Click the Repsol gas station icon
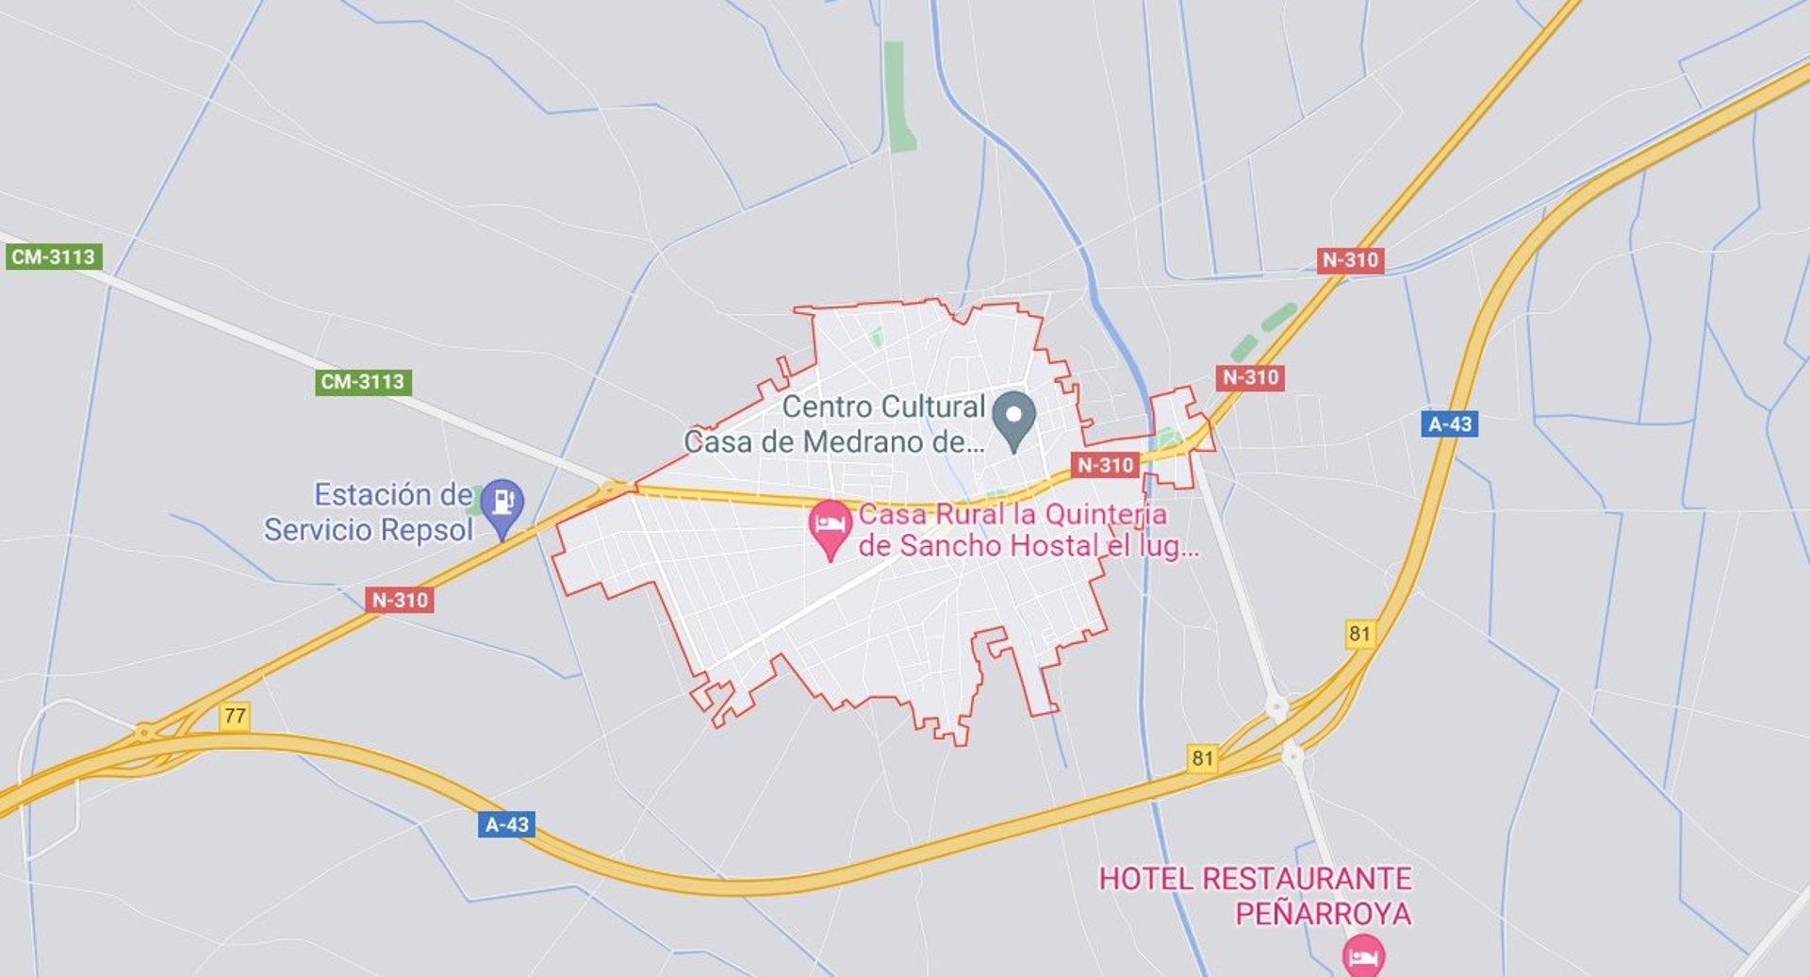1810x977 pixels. [502, 503]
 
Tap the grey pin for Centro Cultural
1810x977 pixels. [1014, 418]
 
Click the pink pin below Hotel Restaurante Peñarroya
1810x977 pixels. [1363, 956]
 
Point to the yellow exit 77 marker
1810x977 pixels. [235, 716]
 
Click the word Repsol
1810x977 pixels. [422, 530]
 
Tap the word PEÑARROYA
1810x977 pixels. [1323, 913]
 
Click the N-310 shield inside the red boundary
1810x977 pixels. [1105, 465]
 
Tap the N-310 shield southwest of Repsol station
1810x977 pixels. [400, 600]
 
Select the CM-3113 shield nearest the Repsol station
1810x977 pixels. [363, 382]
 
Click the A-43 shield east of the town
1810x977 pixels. [1449, 424]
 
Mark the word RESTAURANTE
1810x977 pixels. [1307, 879]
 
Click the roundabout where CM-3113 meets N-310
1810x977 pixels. [614, 488]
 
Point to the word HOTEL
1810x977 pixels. [1145, 879]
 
